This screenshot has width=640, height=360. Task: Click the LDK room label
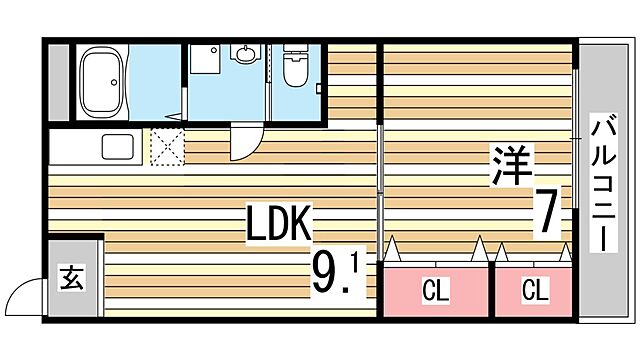coord(279,223)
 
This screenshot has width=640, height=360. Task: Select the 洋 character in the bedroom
coord(511,165)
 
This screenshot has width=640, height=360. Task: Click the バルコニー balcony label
coord(604,183)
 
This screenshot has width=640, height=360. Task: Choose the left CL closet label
coord(436,290)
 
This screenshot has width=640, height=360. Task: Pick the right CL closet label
coord(535,289)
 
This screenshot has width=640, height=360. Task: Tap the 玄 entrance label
coord(72,278)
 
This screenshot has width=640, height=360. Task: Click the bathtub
coord(102,82)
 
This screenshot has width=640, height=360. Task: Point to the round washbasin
coord(245,53)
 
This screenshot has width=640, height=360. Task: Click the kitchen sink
coord(118,147)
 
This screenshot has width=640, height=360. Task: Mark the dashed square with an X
coord(167,147)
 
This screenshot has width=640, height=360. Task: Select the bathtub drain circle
coord(114,82)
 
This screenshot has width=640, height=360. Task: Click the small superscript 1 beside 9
coord(353,262)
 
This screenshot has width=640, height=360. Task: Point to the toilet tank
coord(296,48)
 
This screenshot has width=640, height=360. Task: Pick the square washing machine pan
coord(205,59)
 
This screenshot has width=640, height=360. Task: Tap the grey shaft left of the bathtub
coord(59,82)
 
